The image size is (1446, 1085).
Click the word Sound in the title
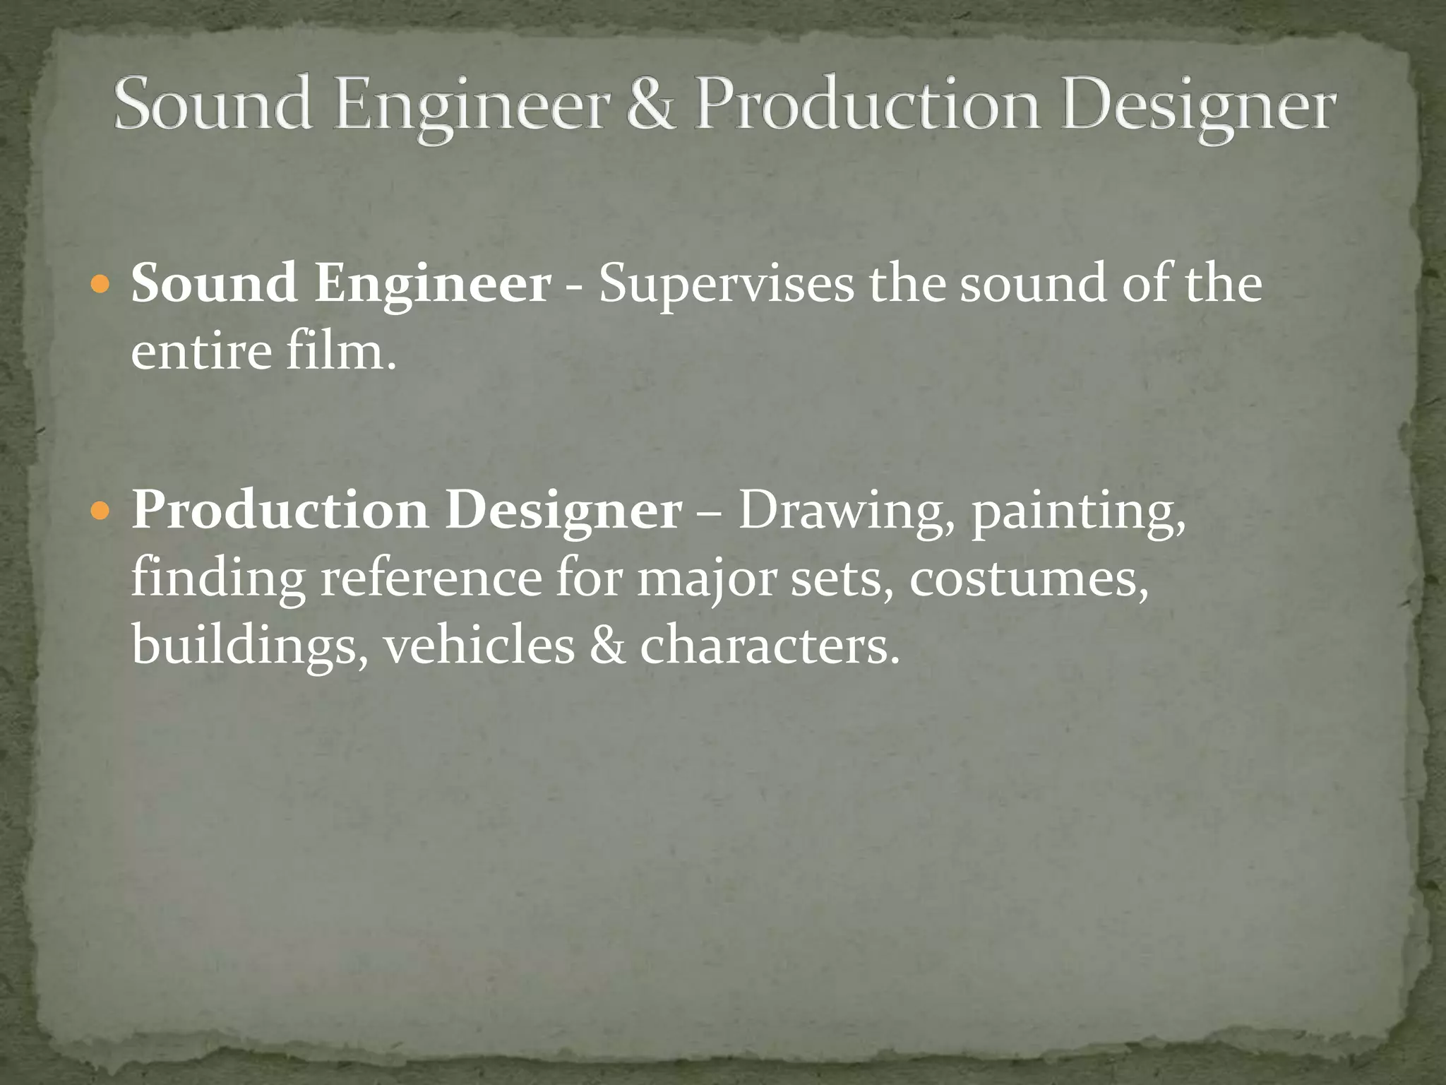(213, 105)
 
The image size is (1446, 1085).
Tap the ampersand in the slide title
(650, 105)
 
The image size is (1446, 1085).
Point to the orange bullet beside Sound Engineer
(102, 285)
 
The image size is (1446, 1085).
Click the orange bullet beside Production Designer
(102, 511)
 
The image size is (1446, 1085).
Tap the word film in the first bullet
(340, 351)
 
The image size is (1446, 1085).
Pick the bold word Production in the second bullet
(280, 510)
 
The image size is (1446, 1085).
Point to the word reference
(431, 578)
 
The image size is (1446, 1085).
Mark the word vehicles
(479, 644)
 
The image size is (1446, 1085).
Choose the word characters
(769, 644)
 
